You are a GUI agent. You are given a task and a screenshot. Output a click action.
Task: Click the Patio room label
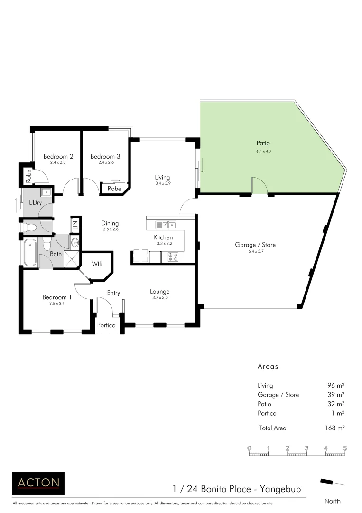[x=263, y=143]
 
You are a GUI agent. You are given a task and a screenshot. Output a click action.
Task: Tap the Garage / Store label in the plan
[x=255, y=245]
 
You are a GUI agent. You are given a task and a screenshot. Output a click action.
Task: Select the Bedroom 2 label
[x=58, y=156]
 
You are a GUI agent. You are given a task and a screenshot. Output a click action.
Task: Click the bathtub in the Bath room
[x=30, y=253]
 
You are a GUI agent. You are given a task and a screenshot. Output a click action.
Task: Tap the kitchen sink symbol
[x=166, y=225]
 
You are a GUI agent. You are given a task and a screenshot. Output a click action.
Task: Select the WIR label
[x=97, y=264]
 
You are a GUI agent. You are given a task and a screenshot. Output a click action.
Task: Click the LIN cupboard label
[x=75, y=225]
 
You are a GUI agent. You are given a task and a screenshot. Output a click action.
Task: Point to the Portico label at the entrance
[x=106, y=326]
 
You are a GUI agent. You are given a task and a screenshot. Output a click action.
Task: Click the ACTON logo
[x=38, y=483]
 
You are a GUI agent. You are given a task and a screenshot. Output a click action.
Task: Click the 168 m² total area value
[x=334, y=428]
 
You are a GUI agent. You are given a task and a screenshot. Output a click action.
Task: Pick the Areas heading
[x=268, y=367]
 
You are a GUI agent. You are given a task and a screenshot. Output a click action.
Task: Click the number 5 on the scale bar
[x=345, y=448]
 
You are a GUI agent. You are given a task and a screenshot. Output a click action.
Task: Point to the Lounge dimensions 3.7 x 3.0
[x=159, y=298]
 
